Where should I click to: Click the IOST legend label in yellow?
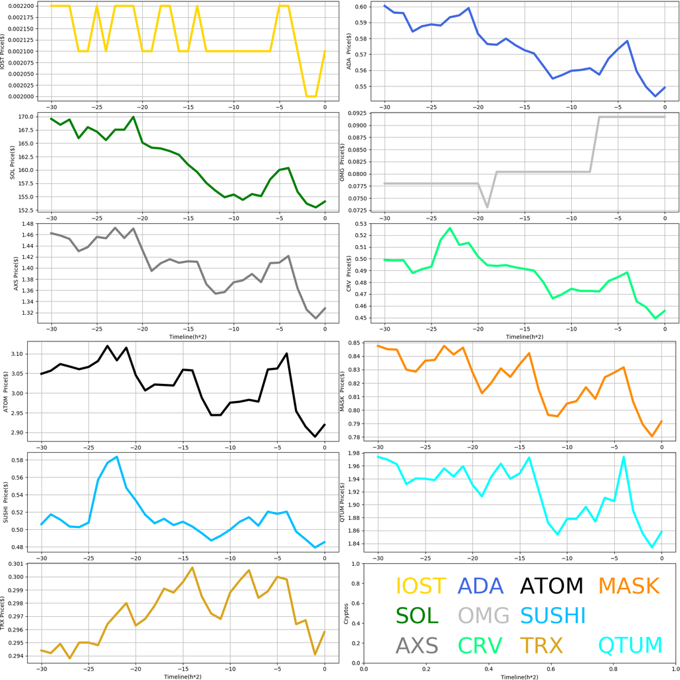click(x=420, y=586)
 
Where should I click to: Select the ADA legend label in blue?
click(x=481, y=586)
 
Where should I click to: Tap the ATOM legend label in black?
click(x=551, y=586)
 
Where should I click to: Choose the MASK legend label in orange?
click(x=628, y=586)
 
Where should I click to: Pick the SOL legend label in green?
click(x=417, y=616)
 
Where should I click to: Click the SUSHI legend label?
click(x=552, y=616)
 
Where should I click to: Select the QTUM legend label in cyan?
click(x=630, y=645)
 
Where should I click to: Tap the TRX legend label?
click(x=541, y=645)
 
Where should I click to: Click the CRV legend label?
click(x=481, y=645)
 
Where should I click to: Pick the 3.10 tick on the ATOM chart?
click(x=24, y=354)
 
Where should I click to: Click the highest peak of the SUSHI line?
click(x=117, y=457)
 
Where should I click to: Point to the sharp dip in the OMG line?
click(x=487, y=207)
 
